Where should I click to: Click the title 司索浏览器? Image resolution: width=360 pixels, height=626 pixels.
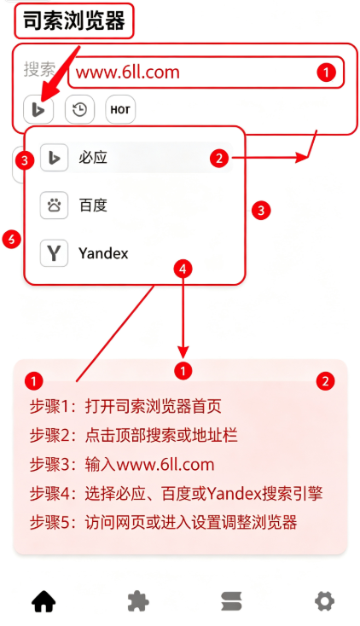point(74,20)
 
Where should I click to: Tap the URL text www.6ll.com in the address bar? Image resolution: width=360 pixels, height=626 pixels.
point(128,72)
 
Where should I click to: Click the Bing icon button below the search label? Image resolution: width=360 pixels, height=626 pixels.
point(38,109)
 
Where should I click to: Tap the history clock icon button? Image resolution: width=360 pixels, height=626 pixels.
point(80,109)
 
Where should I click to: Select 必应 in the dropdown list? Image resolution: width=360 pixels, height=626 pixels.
point(93,157)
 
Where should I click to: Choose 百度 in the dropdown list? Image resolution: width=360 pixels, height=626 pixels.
point(93,206)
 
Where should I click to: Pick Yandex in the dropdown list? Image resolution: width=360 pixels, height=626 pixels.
point(103,253)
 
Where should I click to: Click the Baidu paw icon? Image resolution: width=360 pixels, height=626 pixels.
point(54,206)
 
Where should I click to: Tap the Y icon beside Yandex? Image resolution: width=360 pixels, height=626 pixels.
point(54,253)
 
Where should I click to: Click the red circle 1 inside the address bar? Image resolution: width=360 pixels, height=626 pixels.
point(326,72)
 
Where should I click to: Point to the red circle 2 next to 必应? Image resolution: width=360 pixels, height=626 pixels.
point(219,158)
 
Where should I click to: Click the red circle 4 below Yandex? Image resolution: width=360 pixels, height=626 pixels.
point(183,269)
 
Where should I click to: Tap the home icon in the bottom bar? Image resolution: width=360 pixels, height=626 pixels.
point(44,601)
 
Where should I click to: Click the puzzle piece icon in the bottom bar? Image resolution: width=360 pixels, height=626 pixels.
point(138,601)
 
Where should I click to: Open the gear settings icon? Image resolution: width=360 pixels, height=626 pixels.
point(324,601)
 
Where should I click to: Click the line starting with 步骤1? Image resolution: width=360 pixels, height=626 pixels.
point(125,407)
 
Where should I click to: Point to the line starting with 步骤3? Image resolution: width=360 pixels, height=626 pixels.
point(122,465)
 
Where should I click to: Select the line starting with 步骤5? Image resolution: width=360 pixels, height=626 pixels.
point(164,522)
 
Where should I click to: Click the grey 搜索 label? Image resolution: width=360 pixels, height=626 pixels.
point(39,69)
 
